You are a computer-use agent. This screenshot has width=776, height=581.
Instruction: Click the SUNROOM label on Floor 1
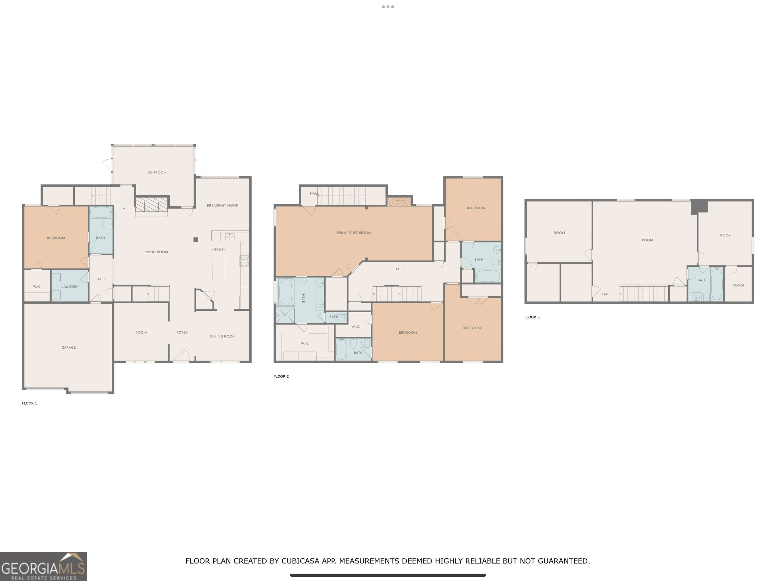(x=157, y=172)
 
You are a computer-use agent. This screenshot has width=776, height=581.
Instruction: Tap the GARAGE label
(x=69, y=348)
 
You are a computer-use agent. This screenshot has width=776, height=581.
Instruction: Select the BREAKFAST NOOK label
(x=222, y=205)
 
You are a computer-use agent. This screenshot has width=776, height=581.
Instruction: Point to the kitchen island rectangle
(x=218, y=269)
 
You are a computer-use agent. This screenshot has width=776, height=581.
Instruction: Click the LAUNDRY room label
(x=70, y=287)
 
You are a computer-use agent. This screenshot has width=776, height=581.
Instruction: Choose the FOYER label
(x=182, y=332)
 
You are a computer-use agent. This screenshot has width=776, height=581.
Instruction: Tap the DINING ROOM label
(x=223, y=336)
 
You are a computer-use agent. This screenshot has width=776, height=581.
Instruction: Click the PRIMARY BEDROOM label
(x=354, y=233)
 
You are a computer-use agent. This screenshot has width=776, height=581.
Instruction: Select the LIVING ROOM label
(x=156, y=252)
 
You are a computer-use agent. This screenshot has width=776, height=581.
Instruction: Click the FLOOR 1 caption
(x=30, y=403)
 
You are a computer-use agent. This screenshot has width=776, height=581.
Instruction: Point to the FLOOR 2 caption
(x=281, y=376)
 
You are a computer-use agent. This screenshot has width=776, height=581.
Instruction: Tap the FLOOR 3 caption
(x=532, y=317)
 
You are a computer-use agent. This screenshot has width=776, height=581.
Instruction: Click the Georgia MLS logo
(x=43, y=567)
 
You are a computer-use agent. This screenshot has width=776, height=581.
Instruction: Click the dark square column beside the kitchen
(x=196, y=240)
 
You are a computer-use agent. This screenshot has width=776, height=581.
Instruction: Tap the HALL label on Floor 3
(x=607, y=294)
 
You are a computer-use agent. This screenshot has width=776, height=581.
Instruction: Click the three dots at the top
(x=388, y=7)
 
